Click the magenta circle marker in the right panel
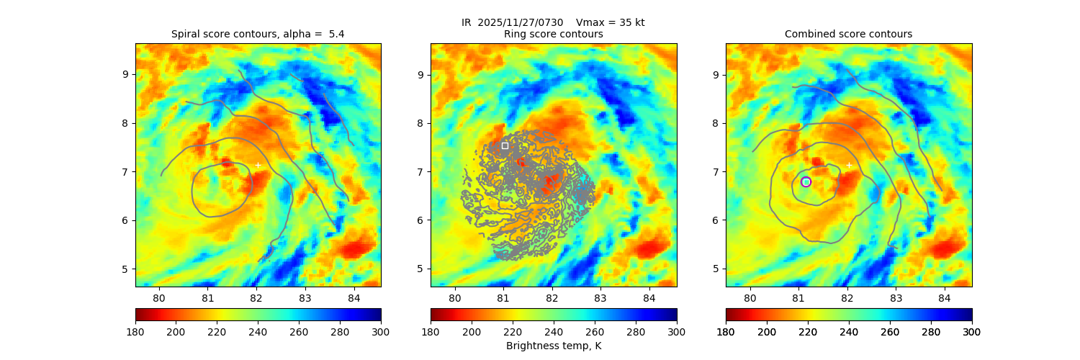coord(806,181)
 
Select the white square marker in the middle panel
coord(505,145)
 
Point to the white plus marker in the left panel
coord(258,165)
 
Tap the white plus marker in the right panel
coord(849,165)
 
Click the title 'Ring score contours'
coord(553,34)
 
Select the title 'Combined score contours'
coord(848,34)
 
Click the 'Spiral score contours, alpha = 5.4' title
coord(258,34)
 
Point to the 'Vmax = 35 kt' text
coord(611,22)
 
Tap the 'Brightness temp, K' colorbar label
coord(553,346)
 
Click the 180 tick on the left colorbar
coord(135,331)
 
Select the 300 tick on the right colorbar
coord(971,331)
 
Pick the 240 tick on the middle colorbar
coord(554,331)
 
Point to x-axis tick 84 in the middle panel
coord(649,297)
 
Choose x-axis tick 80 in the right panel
coord(750,297)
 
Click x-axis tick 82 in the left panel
coord(256,297)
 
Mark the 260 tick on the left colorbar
coord(299,331)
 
